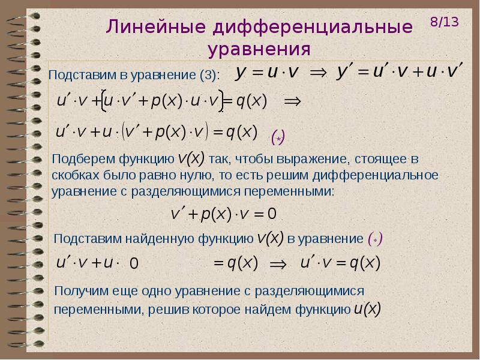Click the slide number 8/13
[x=445, y=22]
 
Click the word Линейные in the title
[x=156, y=26]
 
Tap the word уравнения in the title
[x=259, y=49]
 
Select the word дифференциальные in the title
[x=312, y=28]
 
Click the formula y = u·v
[x=267, y=73]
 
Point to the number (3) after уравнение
[x=209, y=75]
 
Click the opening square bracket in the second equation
[x=103, y=101]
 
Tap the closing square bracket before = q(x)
[x=221, y=101]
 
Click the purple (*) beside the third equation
[x=278, y=137]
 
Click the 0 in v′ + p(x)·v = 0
[x=272, y=214]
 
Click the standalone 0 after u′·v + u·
[x=134, y=263]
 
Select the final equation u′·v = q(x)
[x=340, y=263]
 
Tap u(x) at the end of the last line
[x=367, y=308]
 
